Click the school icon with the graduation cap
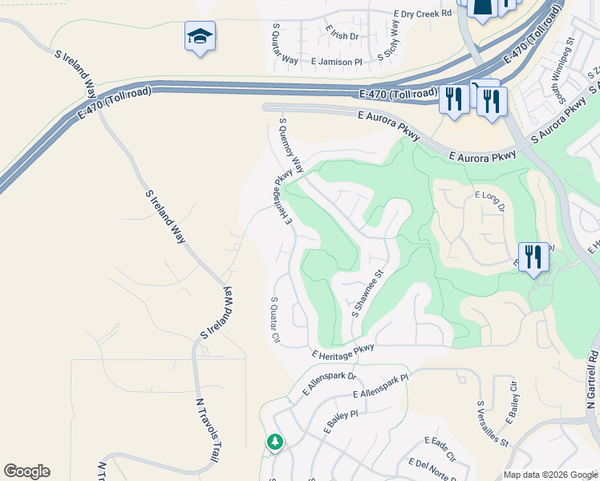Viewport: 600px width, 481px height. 200,36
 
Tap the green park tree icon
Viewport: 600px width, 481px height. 274,442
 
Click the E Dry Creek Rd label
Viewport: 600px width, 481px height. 423,14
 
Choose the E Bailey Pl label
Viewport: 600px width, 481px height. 340,419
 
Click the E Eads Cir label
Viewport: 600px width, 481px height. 440,450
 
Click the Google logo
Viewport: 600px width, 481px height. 26,471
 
